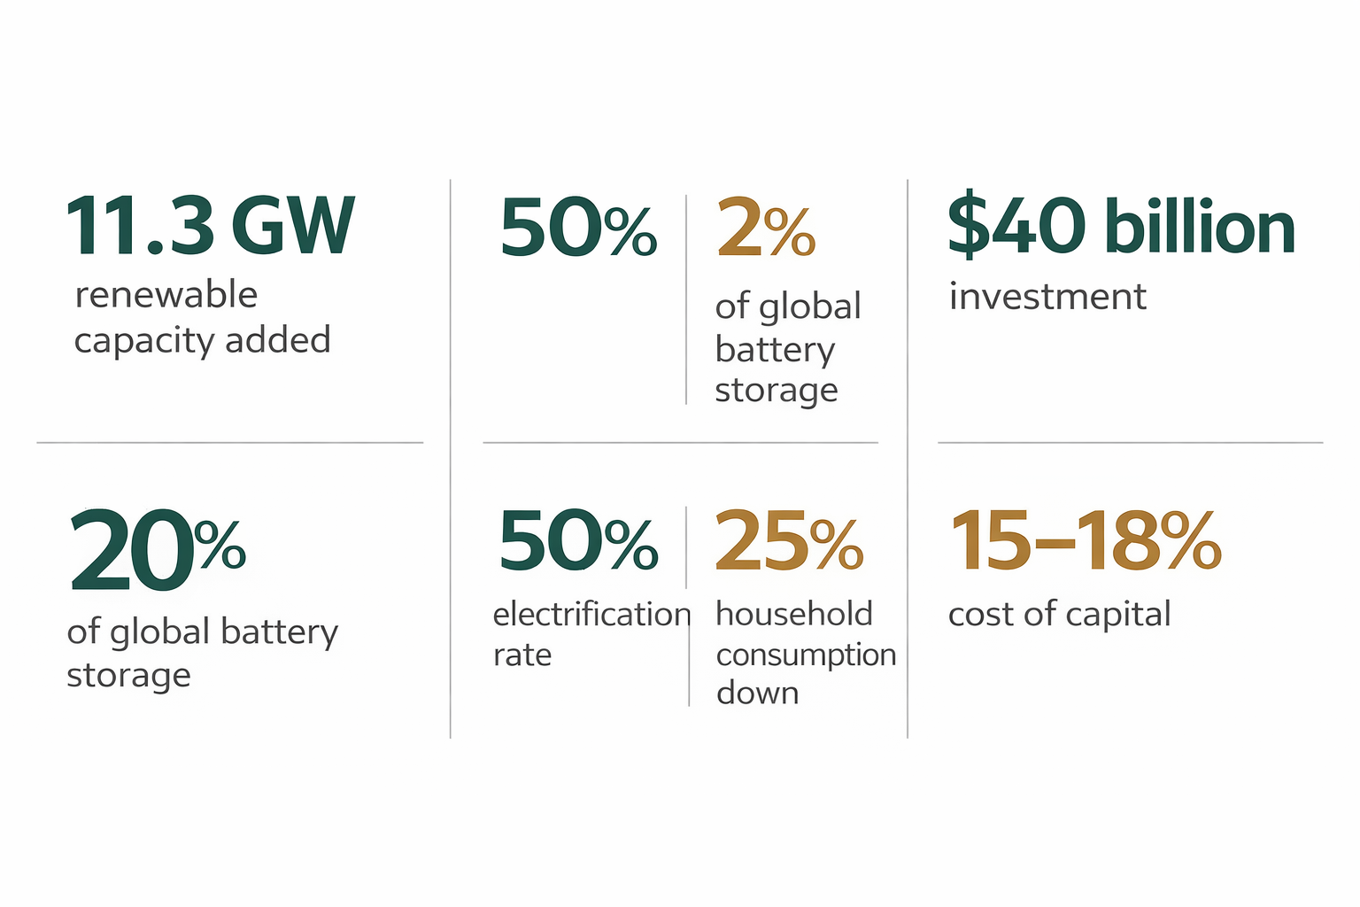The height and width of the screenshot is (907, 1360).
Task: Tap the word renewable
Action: pos(166,295)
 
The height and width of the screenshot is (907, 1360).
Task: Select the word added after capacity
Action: pos(278,340)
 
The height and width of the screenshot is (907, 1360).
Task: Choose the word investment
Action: pos(1047,297)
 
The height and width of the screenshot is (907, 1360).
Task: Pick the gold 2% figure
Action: pos(765,229)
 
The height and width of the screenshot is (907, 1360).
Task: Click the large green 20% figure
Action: pos(157,549)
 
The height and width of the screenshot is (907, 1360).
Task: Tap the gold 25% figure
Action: pos(788,540)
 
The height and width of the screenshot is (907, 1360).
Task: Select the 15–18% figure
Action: pos(1085,540)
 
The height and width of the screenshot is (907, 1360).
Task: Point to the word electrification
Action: pos(591,614)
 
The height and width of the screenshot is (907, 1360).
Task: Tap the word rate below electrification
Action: pos(522,655)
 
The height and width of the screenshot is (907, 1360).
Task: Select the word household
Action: pos(794,614)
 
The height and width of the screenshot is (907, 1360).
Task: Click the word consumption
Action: pos(806,655)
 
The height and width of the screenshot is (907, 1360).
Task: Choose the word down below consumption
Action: pos(757,693)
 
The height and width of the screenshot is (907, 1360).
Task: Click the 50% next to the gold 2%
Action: pos(577,229)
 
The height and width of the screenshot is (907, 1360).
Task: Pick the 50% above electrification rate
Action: pos(577,540)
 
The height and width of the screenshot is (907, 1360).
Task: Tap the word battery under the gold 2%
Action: pos(775,350)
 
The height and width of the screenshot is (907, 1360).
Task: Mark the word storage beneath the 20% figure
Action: pos(128,676)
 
